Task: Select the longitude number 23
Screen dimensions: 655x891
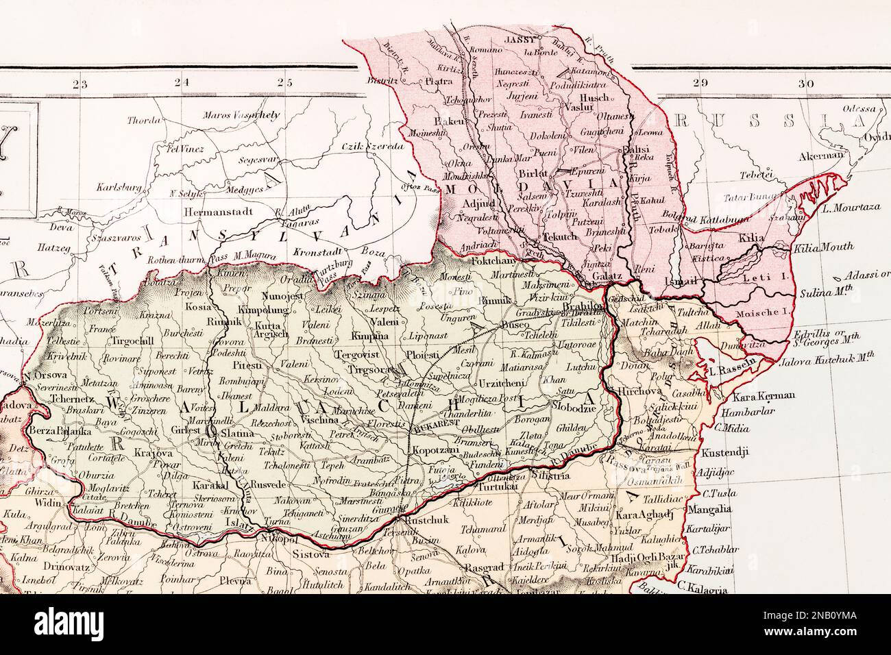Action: click(80, 84)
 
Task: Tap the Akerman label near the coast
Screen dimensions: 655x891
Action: click(821, 156)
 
